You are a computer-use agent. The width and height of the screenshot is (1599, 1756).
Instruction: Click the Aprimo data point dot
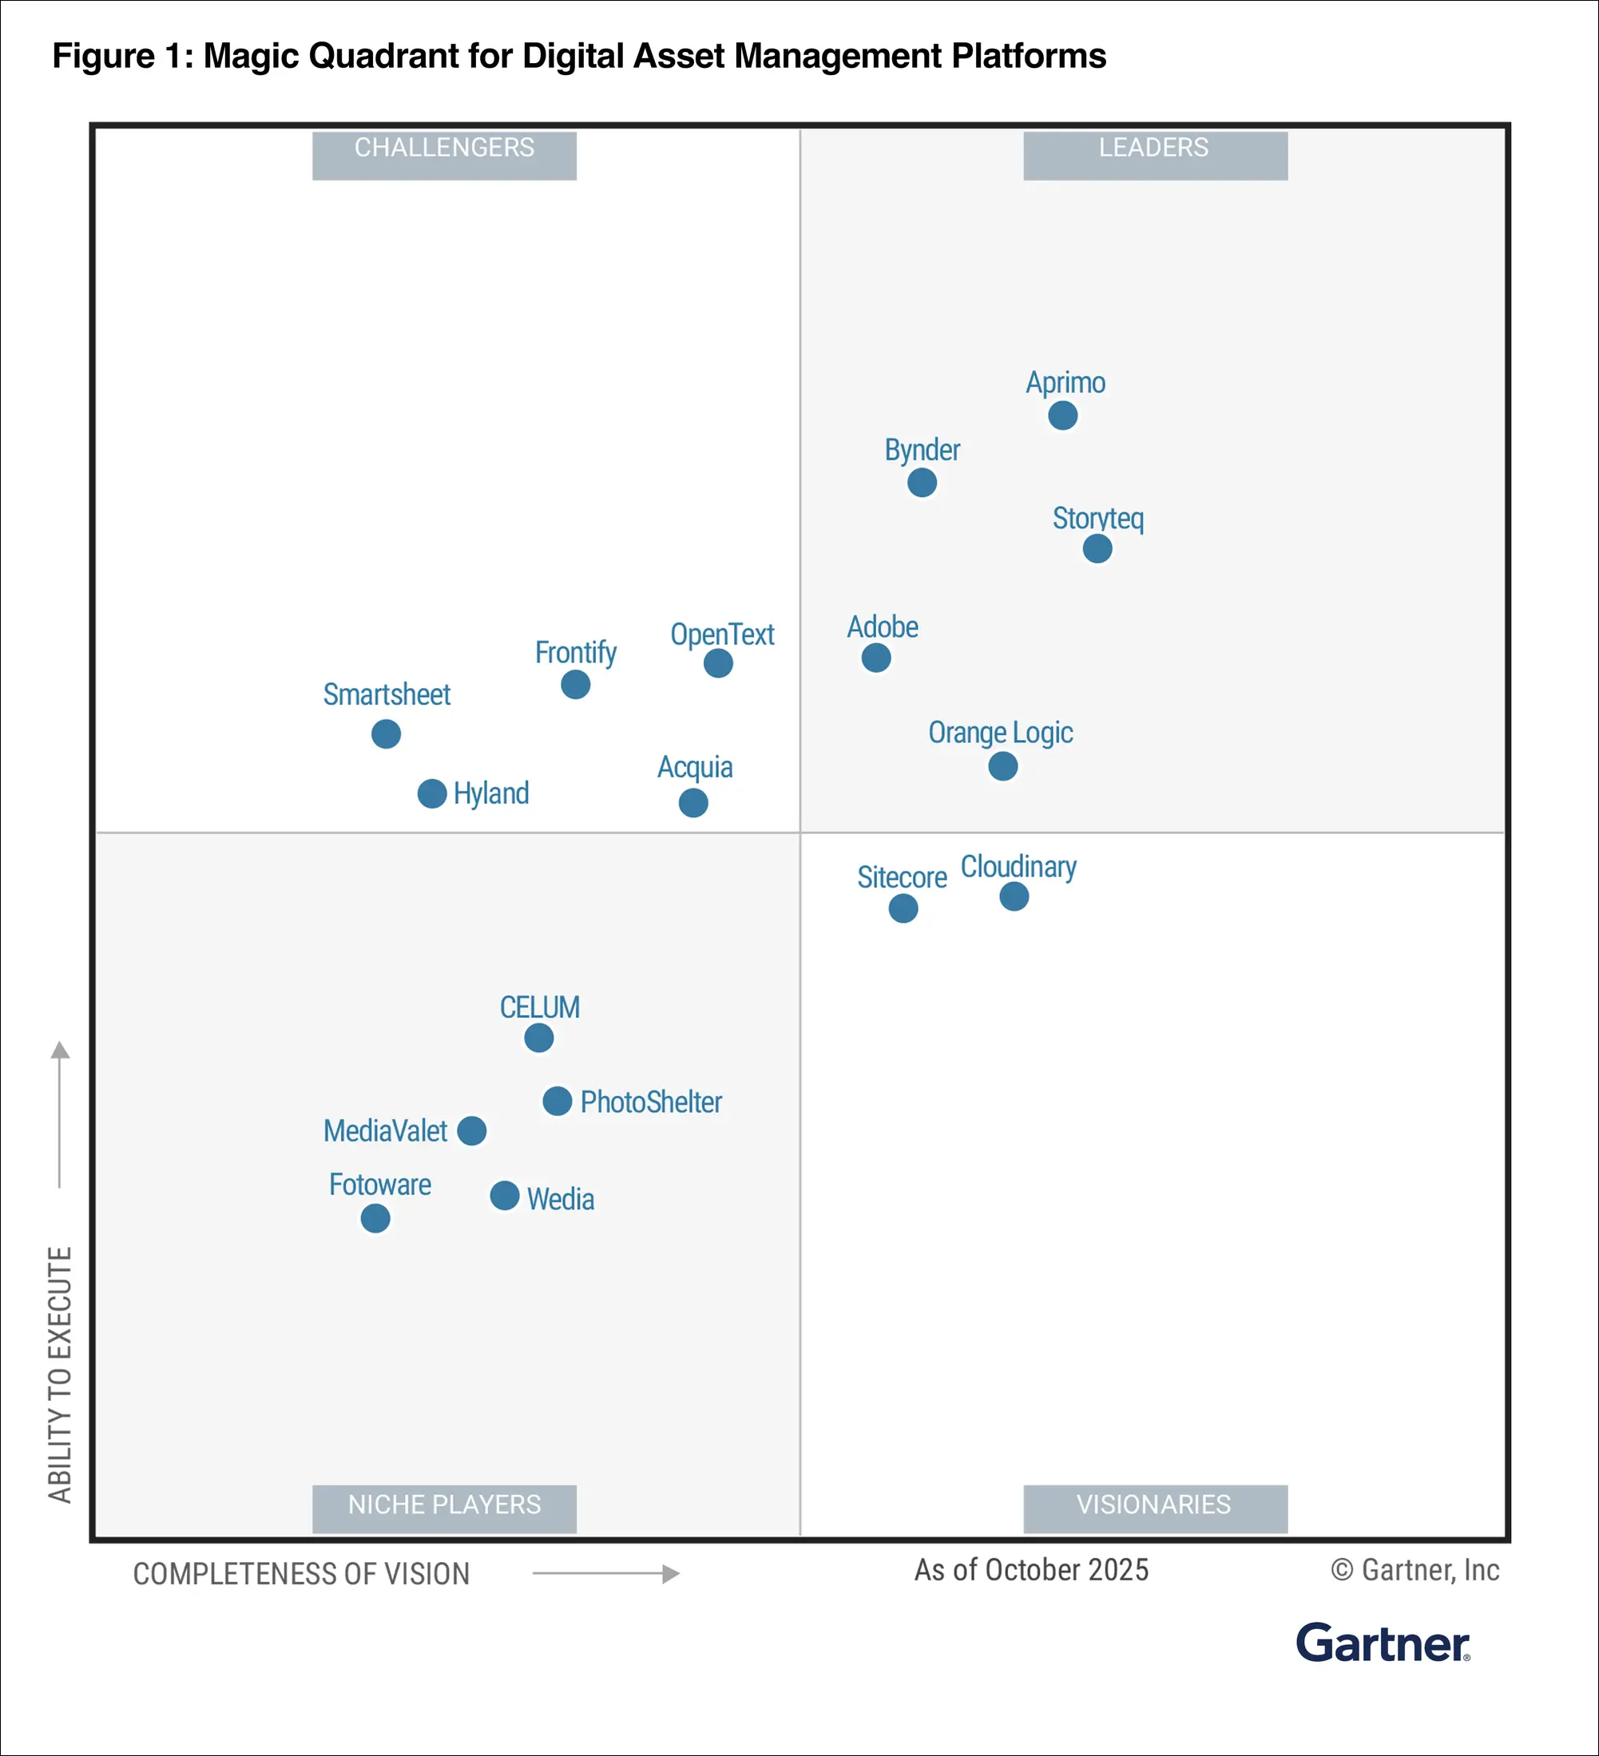[1062, 416]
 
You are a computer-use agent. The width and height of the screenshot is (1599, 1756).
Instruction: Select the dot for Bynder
[922, 483]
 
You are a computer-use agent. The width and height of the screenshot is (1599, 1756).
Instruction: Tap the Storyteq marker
[1097, 549]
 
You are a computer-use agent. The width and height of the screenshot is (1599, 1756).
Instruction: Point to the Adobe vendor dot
[875, 658]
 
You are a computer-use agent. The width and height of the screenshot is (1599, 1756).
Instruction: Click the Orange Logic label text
[1000, 733]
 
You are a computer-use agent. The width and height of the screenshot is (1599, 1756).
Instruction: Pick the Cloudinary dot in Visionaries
[1014, 896]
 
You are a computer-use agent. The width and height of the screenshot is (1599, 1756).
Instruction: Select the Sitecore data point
[903, 908]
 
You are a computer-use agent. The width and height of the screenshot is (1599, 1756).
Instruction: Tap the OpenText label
[721, 634]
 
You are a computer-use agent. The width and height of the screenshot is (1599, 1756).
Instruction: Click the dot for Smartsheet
[386, 734]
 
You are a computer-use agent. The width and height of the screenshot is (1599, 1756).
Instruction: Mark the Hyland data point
[432, 793]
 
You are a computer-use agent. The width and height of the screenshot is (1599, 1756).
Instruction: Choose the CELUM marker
[538, 1038]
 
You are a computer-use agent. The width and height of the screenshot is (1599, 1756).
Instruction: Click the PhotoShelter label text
[651, 1101]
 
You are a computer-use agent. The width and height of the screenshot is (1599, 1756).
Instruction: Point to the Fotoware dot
[375, 1219]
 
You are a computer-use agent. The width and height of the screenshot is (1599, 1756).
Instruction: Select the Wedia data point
[505, 1196]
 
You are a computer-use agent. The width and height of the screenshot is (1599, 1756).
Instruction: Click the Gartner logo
[1383, 1643]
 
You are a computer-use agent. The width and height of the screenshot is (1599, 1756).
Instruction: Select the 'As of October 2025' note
[1031, 1569]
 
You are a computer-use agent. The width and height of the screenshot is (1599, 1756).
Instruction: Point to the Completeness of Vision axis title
[301, 1574]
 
